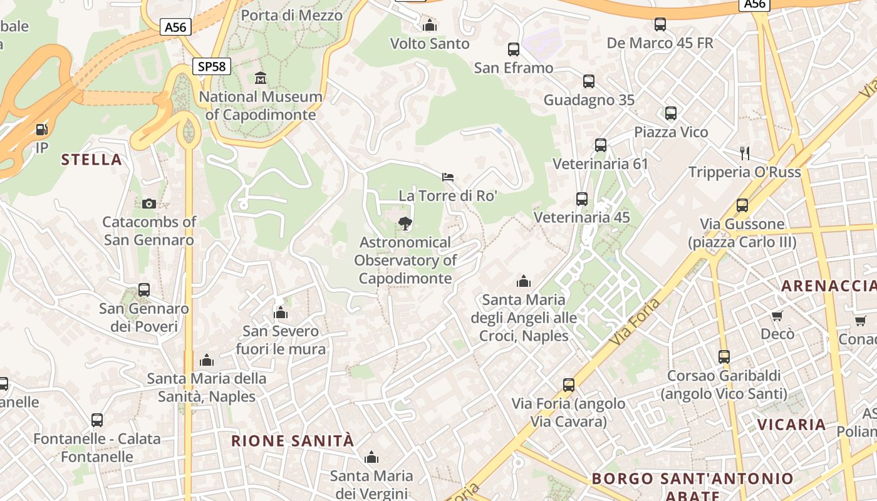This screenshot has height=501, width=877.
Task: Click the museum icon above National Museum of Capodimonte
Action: point(261,78)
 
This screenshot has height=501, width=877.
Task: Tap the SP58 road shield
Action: point(211,66)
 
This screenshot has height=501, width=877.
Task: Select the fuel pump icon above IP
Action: point(41,130)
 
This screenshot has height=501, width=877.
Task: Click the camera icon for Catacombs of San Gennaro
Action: point(149,204)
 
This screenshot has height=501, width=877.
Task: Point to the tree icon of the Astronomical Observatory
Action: point(405,223)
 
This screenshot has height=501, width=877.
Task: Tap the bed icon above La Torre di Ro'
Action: point(448,177)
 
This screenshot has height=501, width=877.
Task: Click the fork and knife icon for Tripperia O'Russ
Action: point(745,153)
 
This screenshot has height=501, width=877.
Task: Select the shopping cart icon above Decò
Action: point(777,316)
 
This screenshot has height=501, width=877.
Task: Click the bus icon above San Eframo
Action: point(514,49)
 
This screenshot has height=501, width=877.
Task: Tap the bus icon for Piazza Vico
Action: point(671,113)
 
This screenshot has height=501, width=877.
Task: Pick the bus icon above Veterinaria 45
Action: point(582,199)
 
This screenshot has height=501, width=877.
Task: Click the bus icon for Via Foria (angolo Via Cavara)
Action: point(569,385)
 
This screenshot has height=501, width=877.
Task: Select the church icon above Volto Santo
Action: point(430,25)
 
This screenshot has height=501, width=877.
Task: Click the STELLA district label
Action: point(91,160)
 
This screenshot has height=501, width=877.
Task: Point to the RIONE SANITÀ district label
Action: point(293,441)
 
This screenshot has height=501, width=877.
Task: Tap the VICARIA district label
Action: point(792,425)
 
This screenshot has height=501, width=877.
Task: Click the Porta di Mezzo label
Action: point(291,15)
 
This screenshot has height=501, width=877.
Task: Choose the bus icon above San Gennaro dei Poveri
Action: point(144,290)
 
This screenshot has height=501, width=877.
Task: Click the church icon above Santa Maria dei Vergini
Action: point(371,457)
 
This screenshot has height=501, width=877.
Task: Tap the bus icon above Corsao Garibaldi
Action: point(724,357)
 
